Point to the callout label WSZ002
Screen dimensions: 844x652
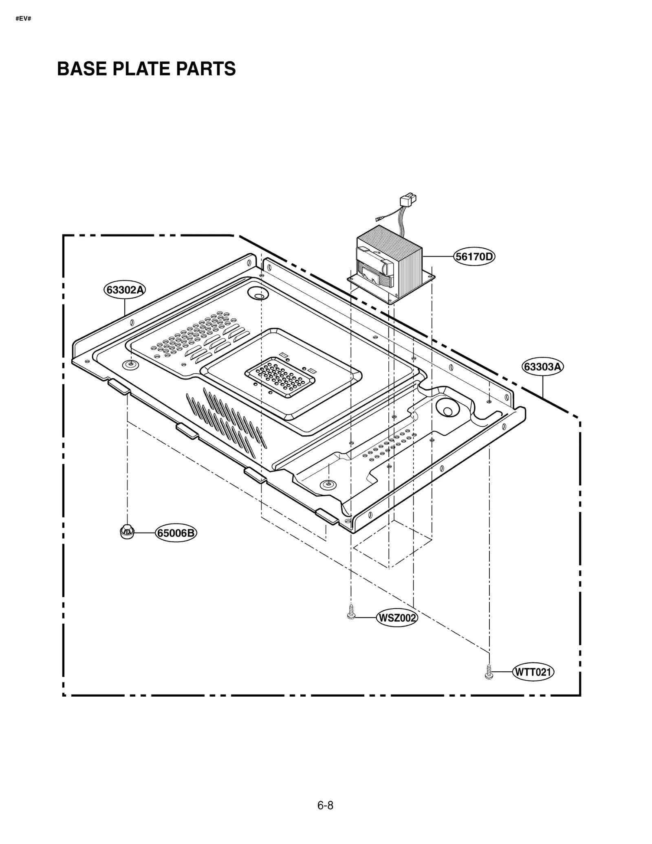(397, 618)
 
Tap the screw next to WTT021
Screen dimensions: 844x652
(489, 671)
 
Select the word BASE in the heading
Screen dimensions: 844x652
(81, 69)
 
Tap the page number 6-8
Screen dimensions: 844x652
(325, 805)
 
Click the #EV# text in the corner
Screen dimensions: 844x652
(23, 19)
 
